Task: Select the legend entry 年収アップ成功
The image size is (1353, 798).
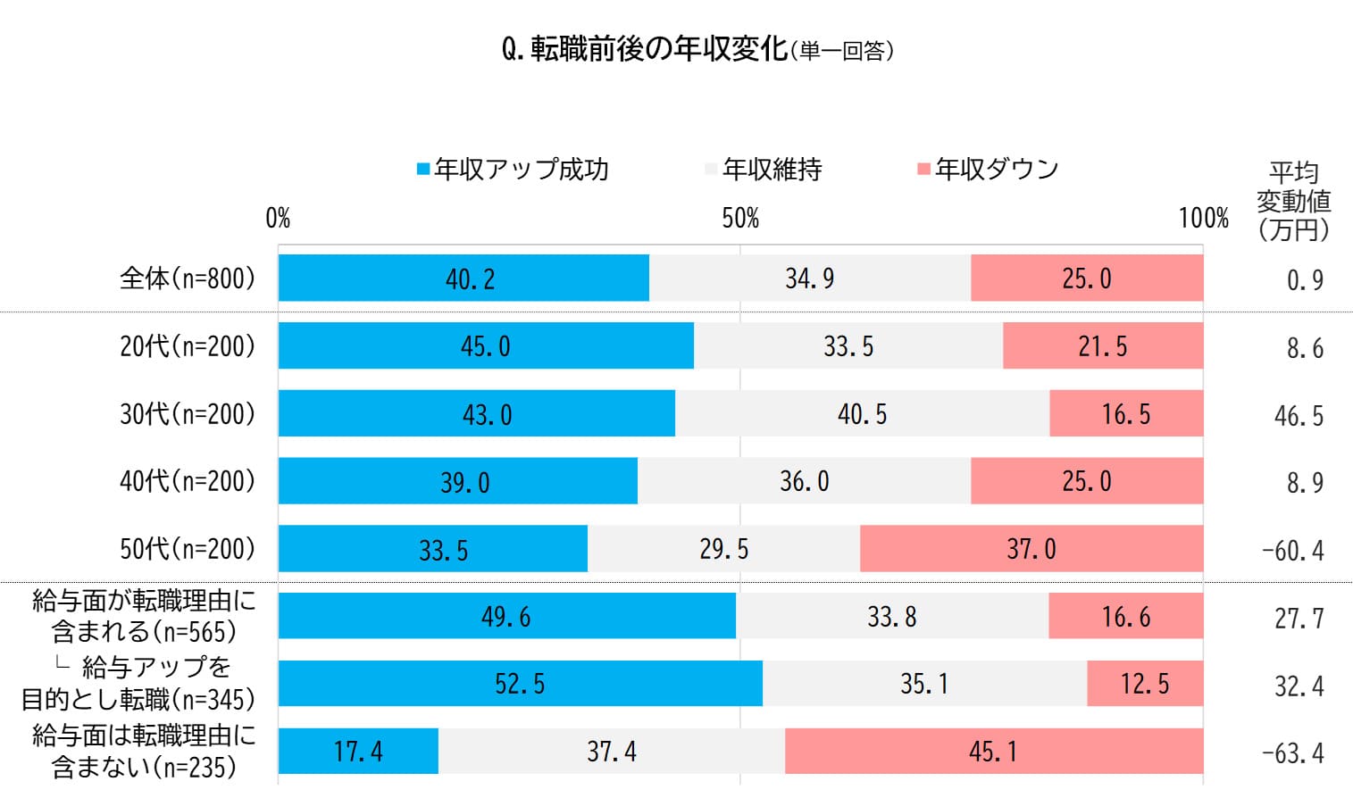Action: click(513, 170)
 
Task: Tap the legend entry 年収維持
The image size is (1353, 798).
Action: click(764, 170)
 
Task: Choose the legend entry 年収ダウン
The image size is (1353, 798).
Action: click(988, 170)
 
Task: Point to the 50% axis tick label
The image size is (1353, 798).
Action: click(740, 219)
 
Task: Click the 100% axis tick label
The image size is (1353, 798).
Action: click(1203, 219)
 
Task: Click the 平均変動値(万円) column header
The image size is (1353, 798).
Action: click(1293, 202)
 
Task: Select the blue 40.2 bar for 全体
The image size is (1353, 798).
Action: click(464, 278)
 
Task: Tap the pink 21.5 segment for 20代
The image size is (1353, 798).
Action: click(1103, 346)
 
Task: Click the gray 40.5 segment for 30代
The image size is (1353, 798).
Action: click(862, 414)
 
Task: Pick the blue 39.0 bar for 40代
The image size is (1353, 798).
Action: click(458, 482)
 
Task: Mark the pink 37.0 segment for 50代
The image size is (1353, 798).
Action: click(1031, 549)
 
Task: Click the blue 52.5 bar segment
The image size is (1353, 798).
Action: click(520, 685)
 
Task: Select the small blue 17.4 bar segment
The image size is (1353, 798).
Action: click(358, 752)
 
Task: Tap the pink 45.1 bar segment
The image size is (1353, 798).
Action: click(993, 752)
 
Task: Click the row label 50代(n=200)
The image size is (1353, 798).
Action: click(188, 549)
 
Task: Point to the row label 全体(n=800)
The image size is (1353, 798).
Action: click(188, 278)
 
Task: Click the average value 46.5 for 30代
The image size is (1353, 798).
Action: click(1299, 416)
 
